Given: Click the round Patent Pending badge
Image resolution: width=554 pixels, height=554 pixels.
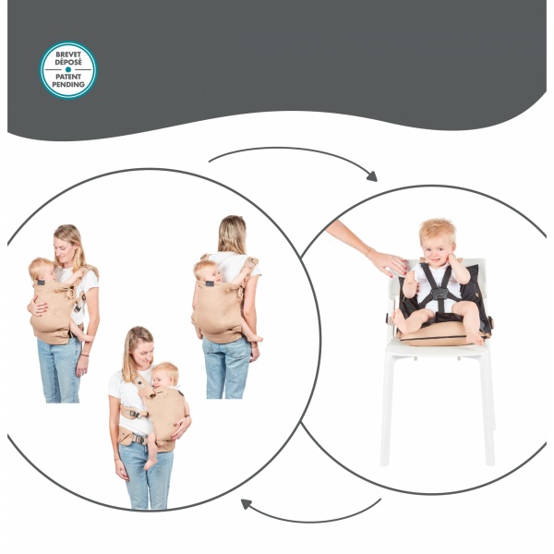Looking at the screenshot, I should coord(68,69).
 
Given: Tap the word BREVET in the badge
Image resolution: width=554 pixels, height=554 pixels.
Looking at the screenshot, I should coord(68,54).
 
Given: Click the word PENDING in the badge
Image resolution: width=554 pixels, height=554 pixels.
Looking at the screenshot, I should coord(68,84).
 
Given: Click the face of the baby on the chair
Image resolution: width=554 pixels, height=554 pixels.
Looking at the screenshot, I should coord(436,245).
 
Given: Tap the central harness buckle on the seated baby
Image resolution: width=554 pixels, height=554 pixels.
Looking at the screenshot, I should coord(440,295).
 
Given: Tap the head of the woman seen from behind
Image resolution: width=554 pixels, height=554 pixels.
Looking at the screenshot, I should coord(231,234).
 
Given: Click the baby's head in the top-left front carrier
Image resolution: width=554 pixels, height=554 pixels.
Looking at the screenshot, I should coord(40,270).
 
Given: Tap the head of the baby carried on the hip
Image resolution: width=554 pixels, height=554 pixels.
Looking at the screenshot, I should coord(166,375).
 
